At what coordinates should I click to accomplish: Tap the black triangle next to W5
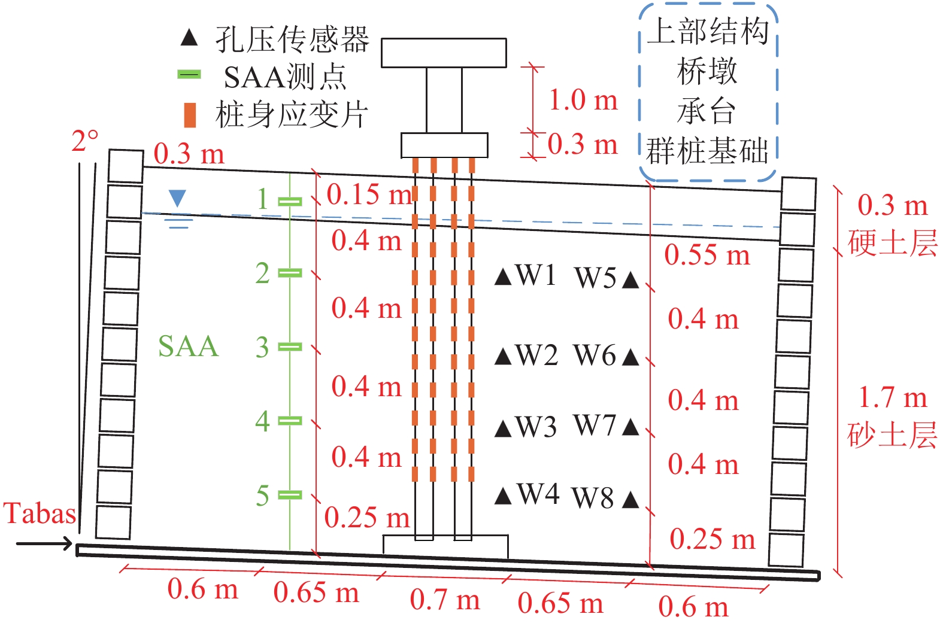(630, 279)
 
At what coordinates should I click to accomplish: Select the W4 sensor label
(538, 494)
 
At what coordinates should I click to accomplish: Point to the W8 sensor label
(593, 498)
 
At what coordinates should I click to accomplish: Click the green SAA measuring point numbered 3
(290, 347)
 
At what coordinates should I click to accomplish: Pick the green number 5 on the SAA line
(262, 496)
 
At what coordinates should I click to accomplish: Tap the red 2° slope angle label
(84, 141)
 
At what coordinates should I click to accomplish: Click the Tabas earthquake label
(40, 513)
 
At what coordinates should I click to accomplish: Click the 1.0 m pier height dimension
(583, 100)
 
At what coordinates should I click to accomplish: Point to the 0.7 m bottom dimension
(445, 600)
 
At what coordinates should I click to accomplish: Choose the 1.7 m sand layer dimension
(892, 398)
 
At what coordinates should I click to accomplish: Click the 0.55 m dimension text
(707, 256)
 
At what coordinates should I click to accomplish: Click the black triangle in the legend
(189, 38)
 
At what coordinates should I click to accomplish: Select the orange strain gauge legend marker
(190, 115)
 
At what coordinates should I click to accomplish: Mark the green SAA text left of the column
(188, 347)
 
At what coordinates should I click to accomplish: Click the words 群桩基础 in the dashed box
(707, 151)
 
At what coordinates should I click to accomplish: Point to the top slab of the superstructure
(444, 53)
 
